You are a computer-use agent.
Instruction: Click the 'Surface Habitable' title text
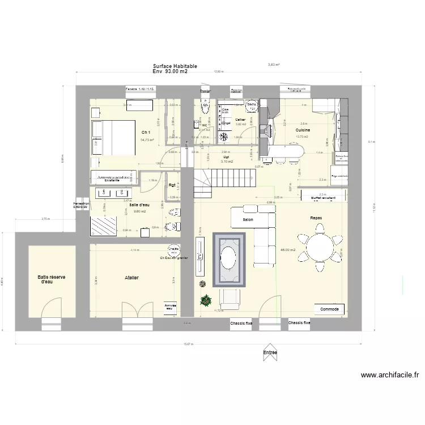pos(175,66)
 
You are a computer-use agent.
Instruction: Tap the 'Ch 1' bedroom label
pos(146,133)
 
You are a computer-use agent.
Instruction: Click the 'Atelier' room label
pos(131,278)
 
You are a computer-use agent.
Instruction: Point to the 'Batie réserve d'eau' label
pos(53,279)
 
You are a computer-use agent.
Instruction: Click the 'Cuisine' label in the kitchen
pos(302,130)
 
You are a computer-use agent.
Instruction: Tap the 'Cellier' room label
pos(240,120)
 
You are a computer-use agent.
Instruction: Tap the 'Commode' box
pos(329,309)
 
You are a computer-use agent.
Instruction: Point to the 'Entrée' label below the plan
pos(270,352)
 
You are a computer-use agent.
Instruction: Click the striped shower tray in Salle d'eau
pos(104,226)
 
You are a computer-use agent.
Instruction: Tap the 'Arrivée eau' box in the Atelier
pos(171,306)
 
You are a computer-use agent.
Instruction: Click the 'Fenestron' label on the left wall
pos(81,203)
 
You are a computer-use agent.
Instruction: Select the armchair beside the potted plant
pos(229,299)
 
